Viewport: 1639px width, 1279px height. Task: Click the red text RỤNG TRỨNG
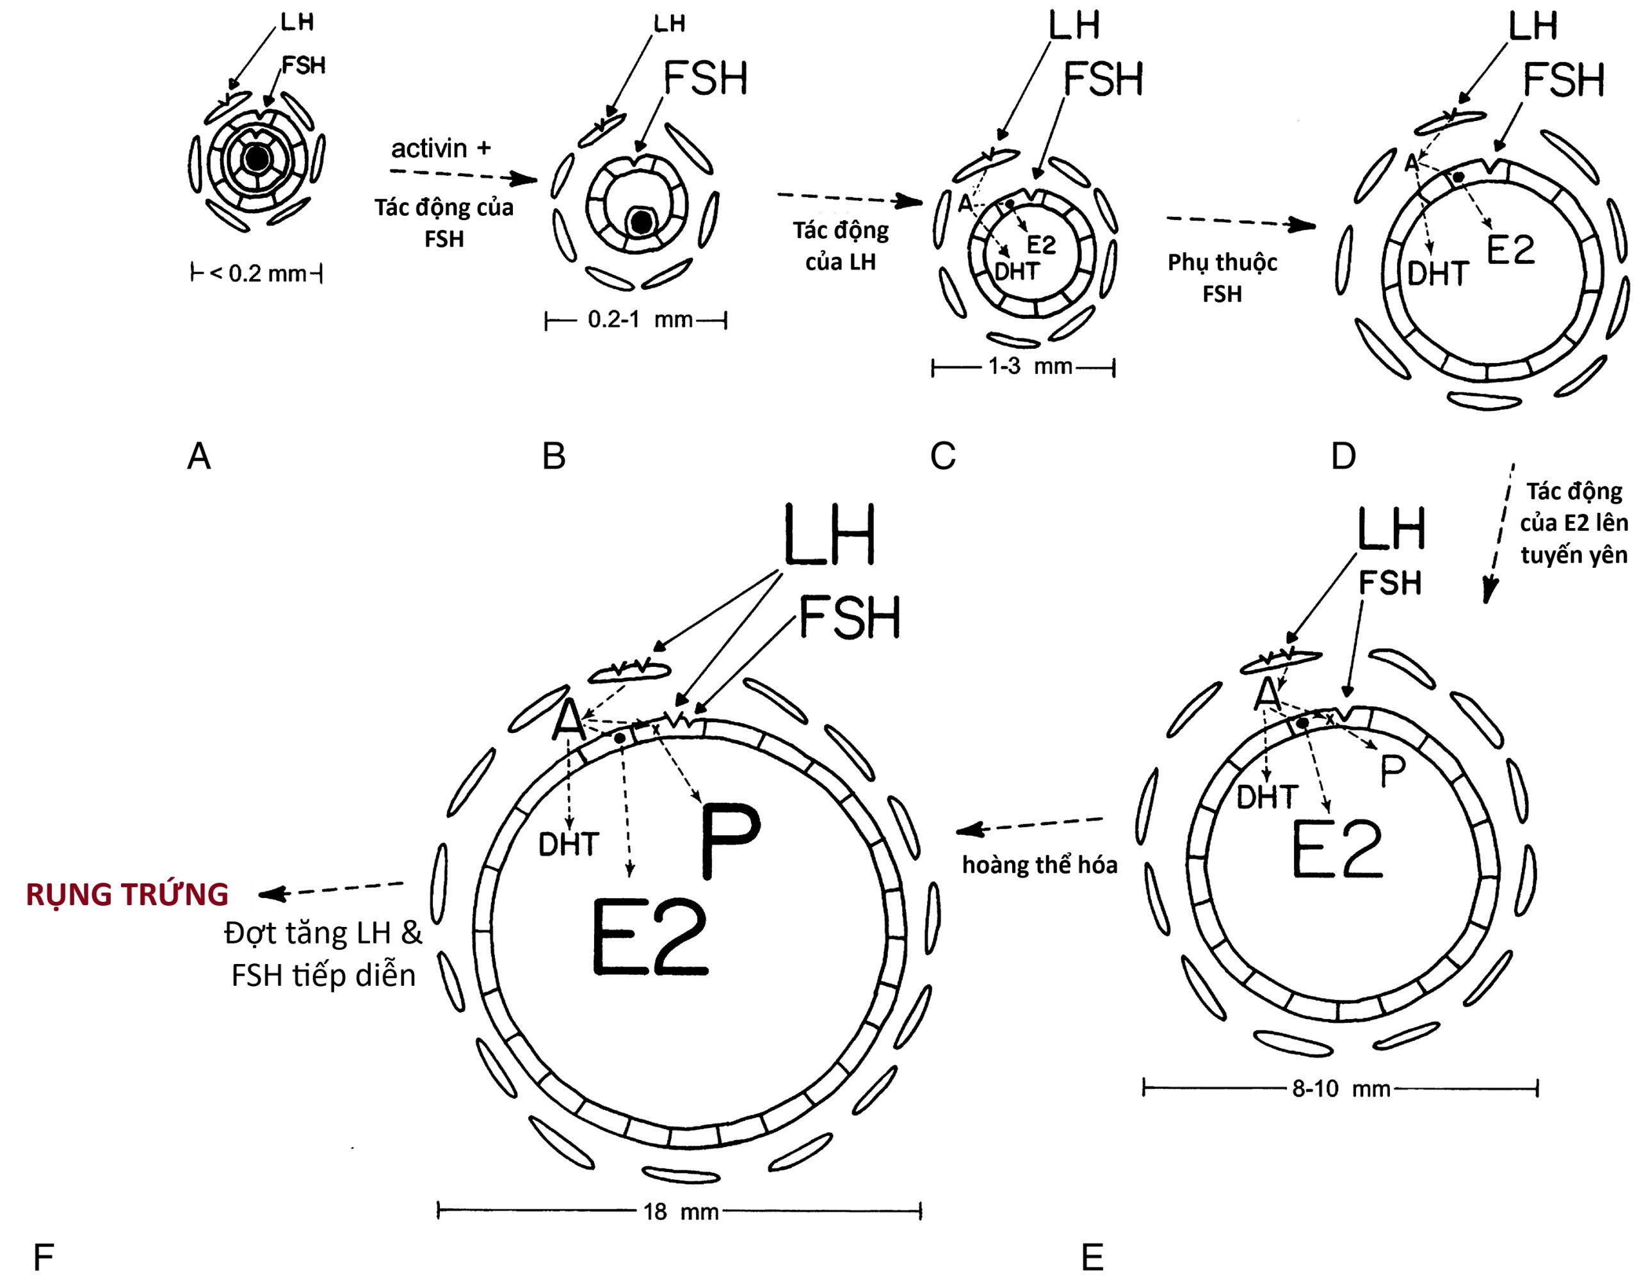tap(127, 894)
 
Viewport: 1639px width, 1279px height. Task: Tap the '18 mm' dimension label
tap(681, 1212)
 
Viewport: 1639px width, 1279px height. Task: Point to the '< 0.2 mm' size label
tap(258, 274)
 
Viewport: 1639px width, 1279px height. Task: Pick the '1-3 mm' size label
tap(1029, 366)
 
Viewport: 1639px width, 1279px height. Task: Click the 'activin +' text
tap(440, 149)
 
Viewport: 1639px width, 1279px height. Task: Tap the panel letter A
tap(199, 456)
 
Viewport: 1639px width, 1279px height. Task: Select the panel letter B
tap(554, 456)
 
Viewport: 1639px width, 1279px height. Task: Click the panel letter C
tap(942, 456)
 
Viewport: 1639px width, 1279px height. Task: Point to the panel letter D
tap(1343, 456)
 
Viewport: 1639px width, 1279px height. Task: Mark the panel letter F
tap(44, 1257)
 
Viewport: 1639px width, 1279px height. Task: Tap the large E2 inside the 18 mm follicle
tap(650, 938)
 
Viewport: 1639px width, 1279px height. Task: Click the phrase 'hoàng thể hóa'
tap(1039, 865)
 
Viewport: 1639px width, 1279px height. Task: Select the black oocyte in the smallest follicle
tap(257, 158)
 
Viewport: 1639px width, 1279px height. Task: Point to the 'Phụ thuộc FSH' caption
tap(1222, 278)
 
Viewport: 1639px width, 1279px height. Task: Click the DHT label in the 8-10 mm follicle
tap(1268, 798)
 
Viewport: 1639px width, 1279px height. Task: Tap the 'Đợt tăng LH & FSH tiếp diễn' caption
tap(323, 954)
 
